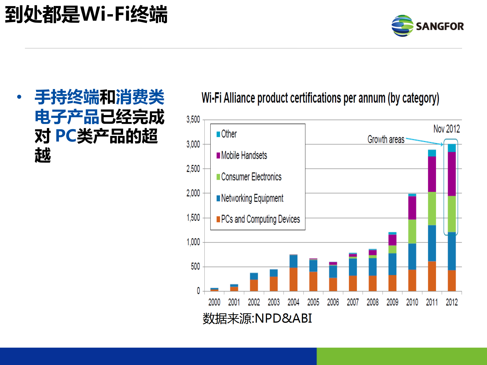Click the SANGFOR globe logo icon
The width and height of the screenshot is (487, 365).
click(402, 26)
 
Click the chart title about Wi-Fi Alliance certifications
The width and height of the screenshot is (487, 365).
click(320, 98)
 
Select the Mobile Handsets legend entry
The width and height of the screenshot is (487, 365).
click(244, 155)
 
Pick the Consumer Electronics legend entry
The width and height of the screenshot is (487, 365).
click(251, 177)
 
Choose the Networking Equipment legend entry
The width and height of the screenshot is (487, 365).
click(252, 198)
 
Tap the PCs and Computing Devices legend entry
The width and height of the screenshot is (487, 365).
click(260, 219)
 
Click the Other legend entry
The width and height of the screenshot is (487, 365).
click(229, 134)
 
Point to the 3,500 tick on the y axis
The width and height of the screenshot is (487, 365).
click(193, 119)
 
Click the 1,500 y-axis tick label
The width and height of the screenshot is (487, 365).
click(193, 218)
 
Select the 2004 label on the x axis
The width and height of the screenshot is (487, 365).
click(293, 302)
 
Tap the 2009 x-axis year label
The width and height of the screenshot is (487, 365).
click(392, 302)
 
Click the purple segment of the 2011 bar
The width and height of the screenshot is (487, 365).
click(432, 174)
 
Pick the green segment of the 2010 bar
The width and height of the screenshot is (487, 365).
click(412, 231)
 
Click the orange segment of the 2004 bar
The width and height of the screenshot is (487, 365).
click(293, 279)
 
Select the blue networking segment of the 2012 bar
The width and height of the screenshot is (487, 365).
click(452, 251)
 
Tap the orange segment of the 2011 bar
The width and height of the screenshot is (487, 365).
click(432, 276)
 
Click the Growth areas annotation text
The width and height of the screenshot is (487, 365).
click(386, 140)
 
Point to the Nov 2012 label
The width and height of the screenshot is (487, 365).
click(447, 129)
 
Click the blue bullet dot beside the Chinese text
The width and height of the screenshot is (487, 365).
click(19, 97)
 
